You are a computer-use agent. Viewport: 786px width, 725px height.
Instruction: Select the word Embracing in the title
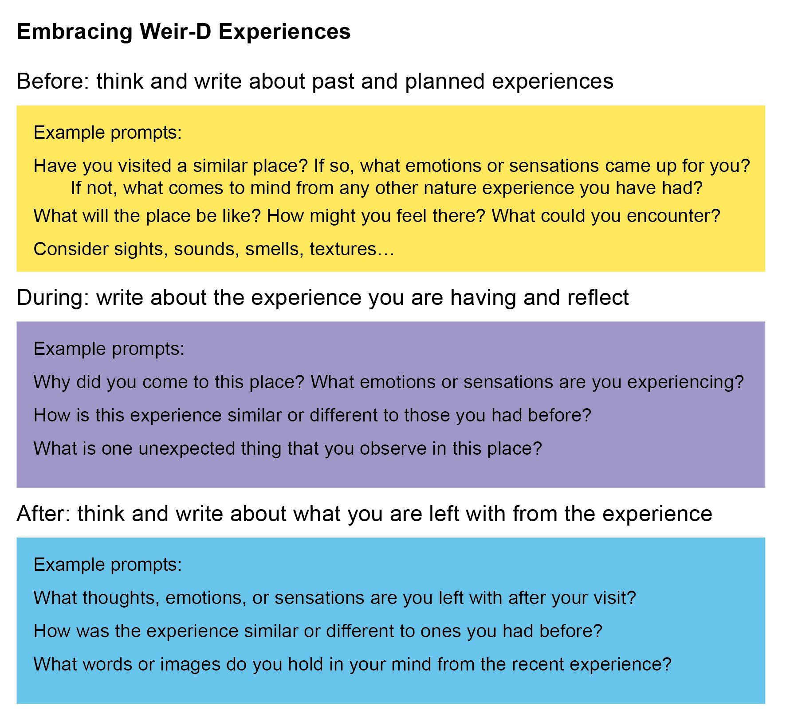tap(75, 32)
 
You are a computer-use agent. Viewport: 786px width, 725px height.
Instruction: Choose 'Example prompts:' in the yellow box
tap(108, 133)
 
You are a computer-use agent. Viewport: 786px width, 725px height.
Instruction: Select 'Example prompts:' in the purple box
tap(109, 349)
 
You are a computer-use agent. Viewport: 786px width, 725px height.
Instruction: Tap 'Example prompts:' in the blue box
tap(108, 565)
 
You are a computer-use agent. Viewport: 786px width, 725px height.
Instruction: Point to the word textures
tap(343, 249)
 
